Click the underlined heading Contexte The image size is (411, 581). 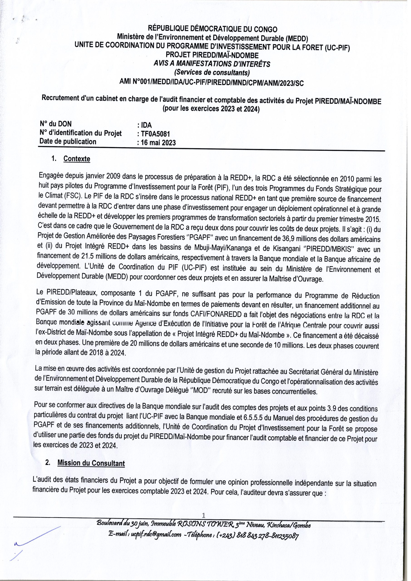point(77,159)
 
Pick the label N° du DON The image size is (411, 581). point(56,124)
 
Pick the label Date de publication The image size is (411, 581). point(68,141)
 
